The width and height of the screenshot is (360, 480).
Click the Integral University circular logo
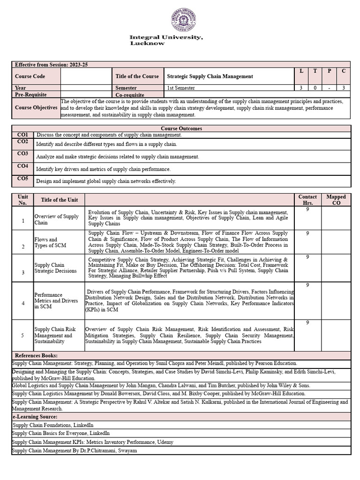[183, 20]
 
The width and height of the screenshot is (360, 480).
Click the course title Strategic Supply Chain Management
[210, 76]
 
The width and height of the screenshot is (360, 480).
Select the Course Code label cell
[30, 76]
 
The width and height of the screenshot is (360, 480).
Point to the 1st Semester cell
[181, 88]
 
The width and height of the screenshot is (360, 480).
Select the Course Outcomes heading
[181, 128]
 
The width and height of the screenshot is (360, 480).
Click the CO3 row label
[22, 154]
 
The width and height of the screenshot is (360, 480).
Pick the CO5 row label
[22, 179]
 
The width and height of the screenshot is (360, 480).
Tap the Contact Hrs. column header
[307, 200]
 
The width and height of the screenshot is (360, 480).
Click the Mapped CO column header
[336, 200]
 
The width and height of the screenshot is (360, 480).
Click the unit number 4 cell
[22, 303]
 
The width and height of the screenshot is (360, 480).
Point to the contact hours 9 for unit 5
[307, 323]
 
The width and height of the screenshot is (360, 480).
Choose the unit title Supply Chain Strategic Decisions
[56, 268]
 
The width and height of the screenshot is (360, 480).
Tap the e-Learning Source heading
[35, 417]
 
